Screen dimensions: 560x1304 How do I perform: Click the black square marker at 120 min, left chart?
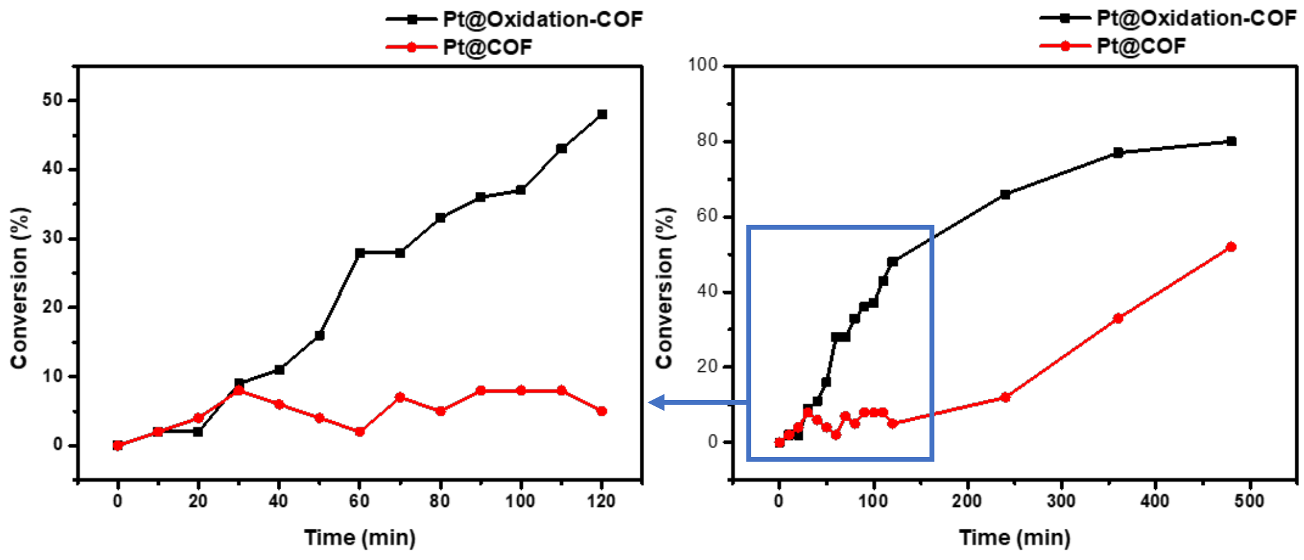pyautogui.click(x=602, y=114)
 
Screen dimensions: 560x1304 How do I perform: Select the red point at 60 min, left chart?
pyautogui.click(x=359, y=431)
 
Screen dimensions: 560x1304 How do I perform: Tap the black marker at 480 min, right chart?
pyautogui.click(x=1232, y=141)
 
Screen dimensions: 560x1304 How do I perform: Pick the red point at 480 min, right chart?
pyautogui.click(x=1232, y=247)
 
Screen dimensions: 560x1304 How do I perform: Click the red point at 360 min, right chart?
pyautogui.click(x=1118, y=318)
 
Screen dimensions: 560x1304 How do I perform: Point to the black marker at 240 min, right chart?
pyautogui.click(x=1005, y=194)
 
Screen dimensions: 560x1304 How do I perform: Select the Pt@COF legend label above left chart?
pyautogui.click(x=487, y=47)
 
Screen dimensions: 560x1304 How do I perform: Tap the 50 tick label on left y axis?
pyautogui.click(x=52, y=100)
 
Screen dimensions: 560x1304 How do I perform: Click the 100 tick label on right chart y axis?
pyautogui.click(x=702, y=65)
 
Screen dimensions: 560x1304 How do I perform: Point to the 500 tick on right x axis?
pyautogui.click(x=1249, y=501)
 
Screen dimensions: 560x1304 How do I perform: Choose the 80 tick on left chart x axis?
pyautogui.click(x=440, y=501)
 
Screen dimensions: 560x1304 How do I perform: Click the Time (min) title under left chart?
pyautogui.click(x=360, y=537)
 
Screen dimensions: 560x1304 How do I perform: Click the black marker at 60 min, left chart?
pyautogui.click(x=360, y=253)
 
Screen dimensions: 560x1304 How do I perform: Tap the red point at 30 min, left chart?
pyautogui.click(x=238, y=390)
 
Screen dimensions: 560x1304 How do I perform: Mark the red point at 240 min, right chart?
pyautogui.click(x=1005, y=397)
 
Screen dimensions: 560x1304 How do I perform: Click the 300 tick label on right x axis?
pyautogui.click(x=1061, y=501)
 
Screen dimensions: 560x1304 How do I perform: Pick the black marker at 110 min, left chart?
pyautogui.click(x=561, y=149)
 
